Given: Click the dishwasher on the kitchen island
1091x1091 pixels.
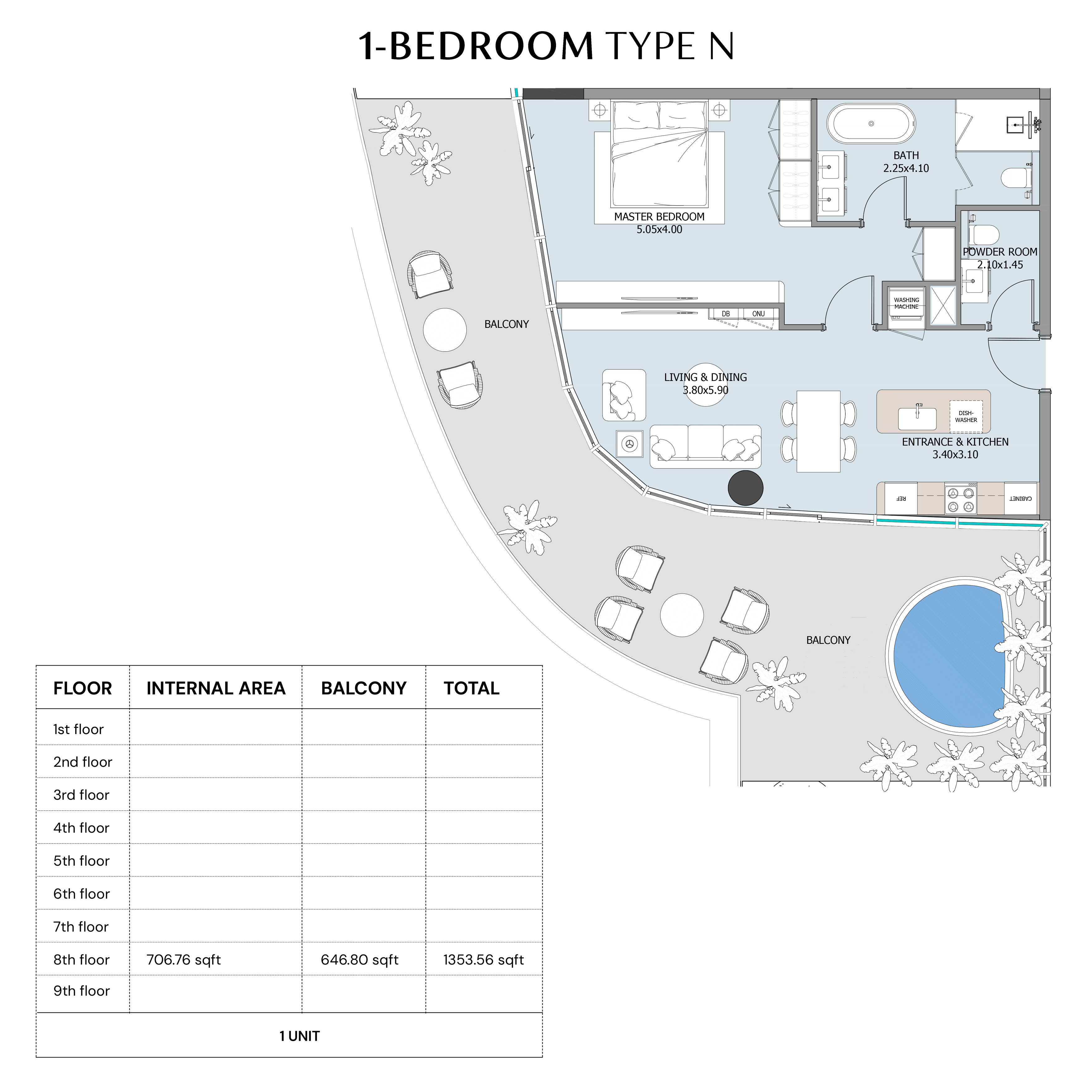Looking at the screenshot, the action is [x=966, y=416].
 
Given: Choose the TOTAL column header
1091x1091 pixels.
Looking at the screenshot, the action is [x=472, y=688].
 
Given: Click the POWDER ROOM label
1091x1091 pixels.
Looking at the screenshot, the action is [x=1000, y=252].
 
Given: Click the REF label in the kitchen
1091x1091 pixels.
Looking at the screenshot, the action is [x=901, y=499].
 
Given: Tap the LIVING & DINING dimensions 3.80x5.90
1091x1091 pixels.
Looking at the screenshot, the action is [x=705, y=390].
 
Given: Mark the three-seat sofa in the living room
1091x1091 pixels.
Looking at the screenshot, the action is [x=705, y=446].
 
